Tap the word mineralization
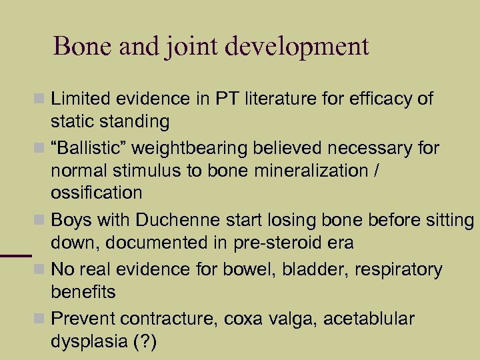299,170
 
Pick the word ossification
96,193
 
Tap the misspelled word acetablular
369,319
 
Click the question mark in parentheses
144,342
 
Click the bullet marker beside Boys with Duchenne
41,220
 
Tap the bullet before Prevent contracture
41,319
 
